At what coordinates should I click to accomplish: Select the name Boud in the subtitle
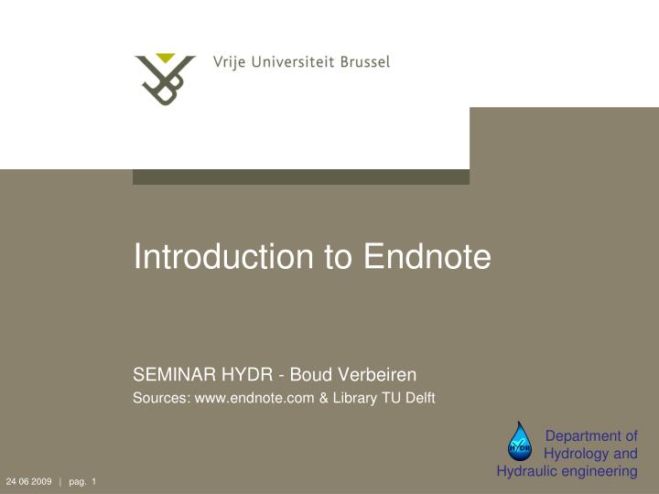pyautogui.click(x=309, y=373)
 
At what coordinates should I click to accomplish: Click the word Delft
pyautogui.click(x=419, y=397)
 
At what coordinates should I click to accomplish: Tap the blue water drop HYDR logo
pyautogui.click(x=520, y=442)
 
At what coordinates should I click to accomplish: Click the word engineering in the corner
pyautogui.click(x=600, y=471)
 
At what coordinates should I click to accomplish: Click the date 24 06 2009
pyautogui.click(x=28, y=482)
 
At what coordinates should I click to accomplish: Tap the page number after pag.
pyautogui.click(x=93, y=482)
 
